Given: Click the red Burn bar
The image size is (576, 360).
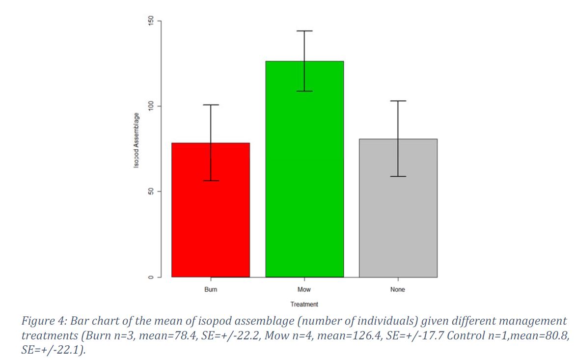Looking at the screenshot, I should (211, 221).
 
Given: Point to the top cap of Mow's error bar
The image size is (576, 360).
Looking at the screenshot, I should (304, 31).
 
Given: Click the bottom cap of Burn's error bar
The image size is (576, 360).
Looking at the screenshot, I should (211, 181).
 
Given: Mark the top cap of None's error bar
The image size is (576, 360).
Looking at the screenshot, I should (398, 101).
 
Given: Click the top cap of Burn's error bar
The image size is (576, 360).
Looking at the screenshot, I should (211, 105).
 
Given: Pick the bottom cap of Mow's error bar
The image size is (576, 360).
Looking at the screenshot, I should (304, 91).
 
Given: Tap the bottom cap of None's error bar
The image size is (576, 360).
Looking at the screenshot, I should (398, 176).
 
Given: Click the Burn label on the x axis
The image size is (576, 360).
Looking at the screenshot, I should (211, 290).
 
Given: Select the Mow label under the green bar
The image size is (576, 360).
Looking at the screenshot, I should (304, 290).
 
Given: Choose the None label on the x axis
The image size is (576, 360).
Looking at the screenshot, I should (398, 290).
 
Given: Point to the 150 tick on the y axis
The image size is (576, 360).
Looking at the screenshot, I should (151, 21).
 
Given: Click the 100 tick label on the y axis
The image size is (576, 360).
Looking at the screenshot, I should (151, 106).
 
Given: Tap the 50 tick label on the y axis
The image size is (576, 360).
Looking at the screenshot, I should (151, 192).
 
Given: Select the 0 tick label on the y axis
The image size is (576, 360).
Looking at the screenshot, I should (151, 277).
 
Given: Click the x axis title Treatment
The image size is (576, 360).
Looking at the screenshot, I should (304, 305).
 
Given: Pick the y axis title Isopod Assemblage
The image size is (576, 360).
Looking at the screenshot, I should (136, 140).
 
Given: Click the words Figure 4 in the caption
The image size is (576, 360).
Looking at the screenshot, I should (44, 322).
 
